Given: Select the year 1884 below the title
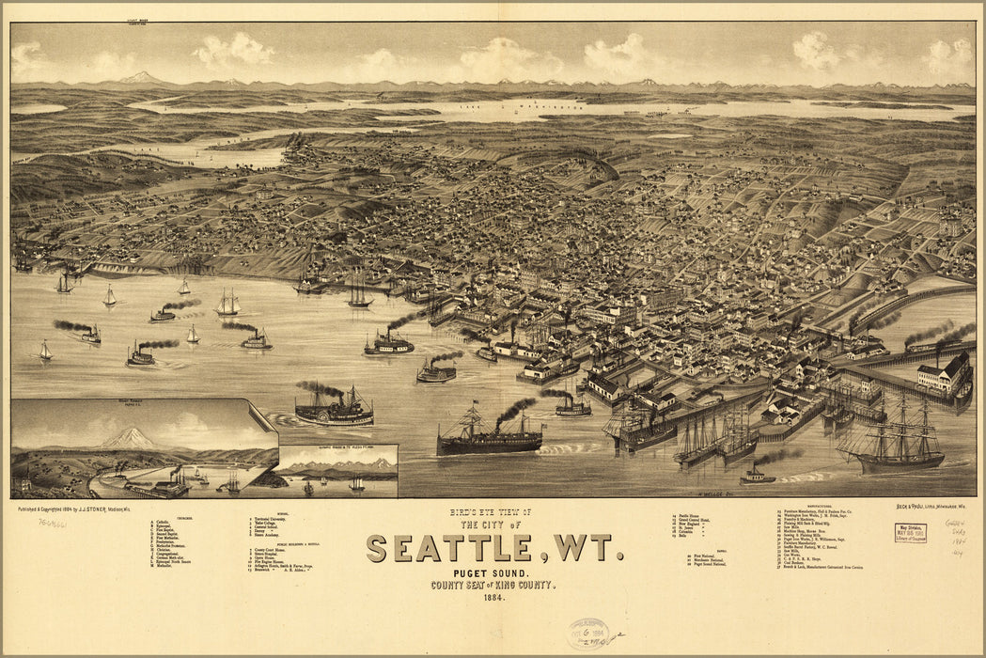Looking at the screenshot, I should click(488, 598).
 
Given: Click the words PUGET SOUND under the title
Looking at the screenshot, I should click(487, 572).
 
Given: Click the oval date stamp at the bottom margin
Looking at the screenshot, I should click(587, 634).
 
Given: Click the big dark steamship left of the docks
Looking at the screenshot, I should click(489, 437).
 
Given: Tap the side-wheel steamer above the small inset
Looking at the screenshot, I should click(334, 410).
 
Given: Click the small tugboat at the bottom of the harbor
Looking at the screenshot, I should click(757, 477).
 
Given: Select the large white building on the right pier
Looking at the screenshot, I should click(944, 376).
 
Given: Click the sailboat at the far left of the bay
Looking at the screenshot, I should click(44, 352).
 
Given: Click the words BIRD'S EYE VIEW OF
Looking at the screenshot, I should click(490, 512).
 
